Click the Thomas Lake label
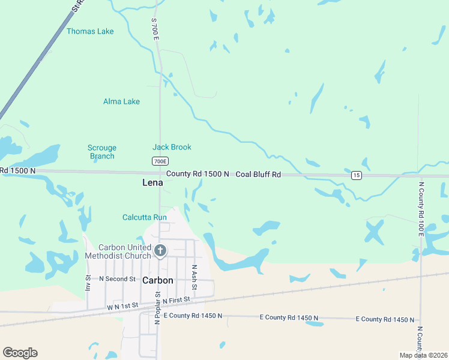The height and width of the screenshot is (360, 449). [90, 31]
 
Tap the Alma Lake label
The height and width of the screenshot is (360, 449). [121, 101]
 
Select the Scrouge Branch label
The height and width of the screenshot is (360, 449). [102, 152]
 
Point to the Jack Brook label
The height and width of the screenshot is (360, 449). [172, 147]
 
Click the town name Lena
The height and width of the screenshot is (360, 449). [152, 182]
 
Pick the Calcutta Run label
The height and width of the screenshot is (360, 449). [144, 217]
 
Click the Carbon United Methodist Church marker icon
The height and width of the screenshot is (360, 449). [160, 251]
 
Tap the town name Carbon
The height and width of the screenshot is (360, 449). [158, 280]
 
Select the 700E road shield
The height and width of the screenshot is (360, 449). [160, 161]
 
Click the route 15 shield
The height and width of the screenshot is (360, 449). [357, 175]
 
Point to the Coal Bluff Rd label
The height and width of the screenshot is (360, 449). [258, 174]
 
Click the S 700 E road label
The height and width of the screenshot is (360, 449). [155, 29]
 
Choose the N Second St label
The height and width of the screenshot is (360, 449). [118, 279]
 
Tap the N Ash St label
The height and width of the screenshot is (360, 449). [194, 275]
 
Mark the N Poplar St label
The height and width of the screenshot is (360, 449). [157, 308]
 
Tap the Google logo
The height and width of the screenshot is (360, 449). [20, 353]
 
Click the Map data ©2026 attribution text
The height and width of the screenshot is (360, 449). [423, 355]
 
